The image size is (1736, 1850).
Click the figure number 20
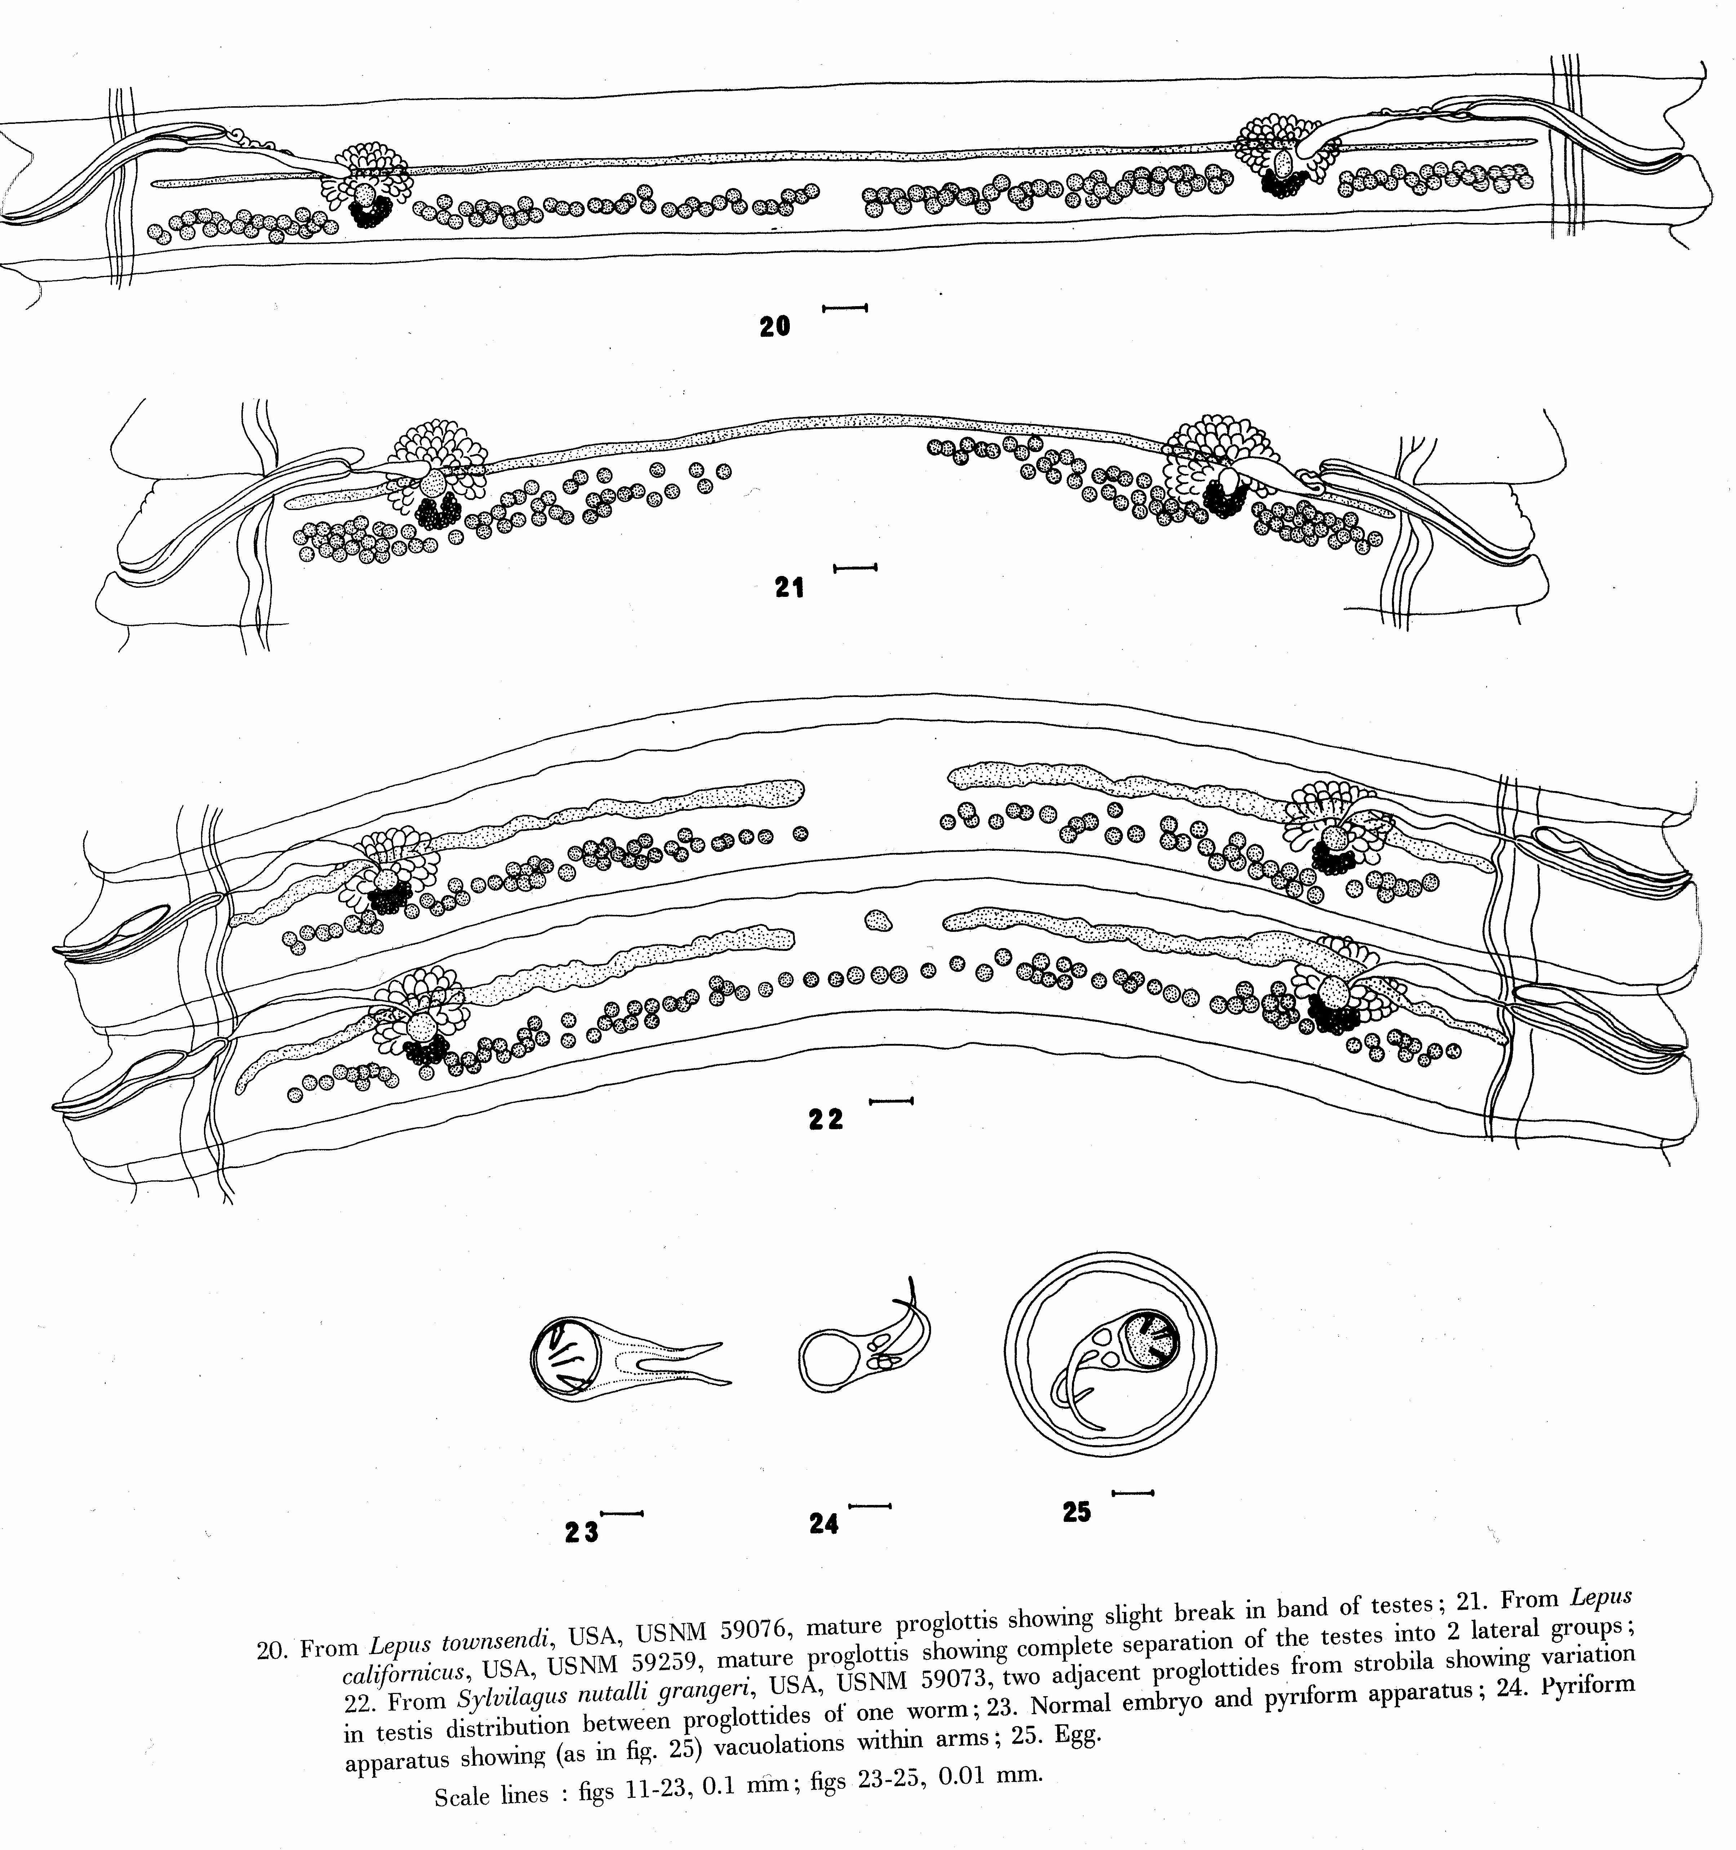774,327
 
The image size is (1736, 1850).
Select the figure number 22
825,1120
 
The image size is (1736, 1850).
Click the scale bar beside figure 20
845,307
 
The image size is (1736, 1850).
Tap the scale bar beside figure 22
891,1101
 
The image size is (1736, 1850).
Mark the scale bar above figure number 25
1133,1493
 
